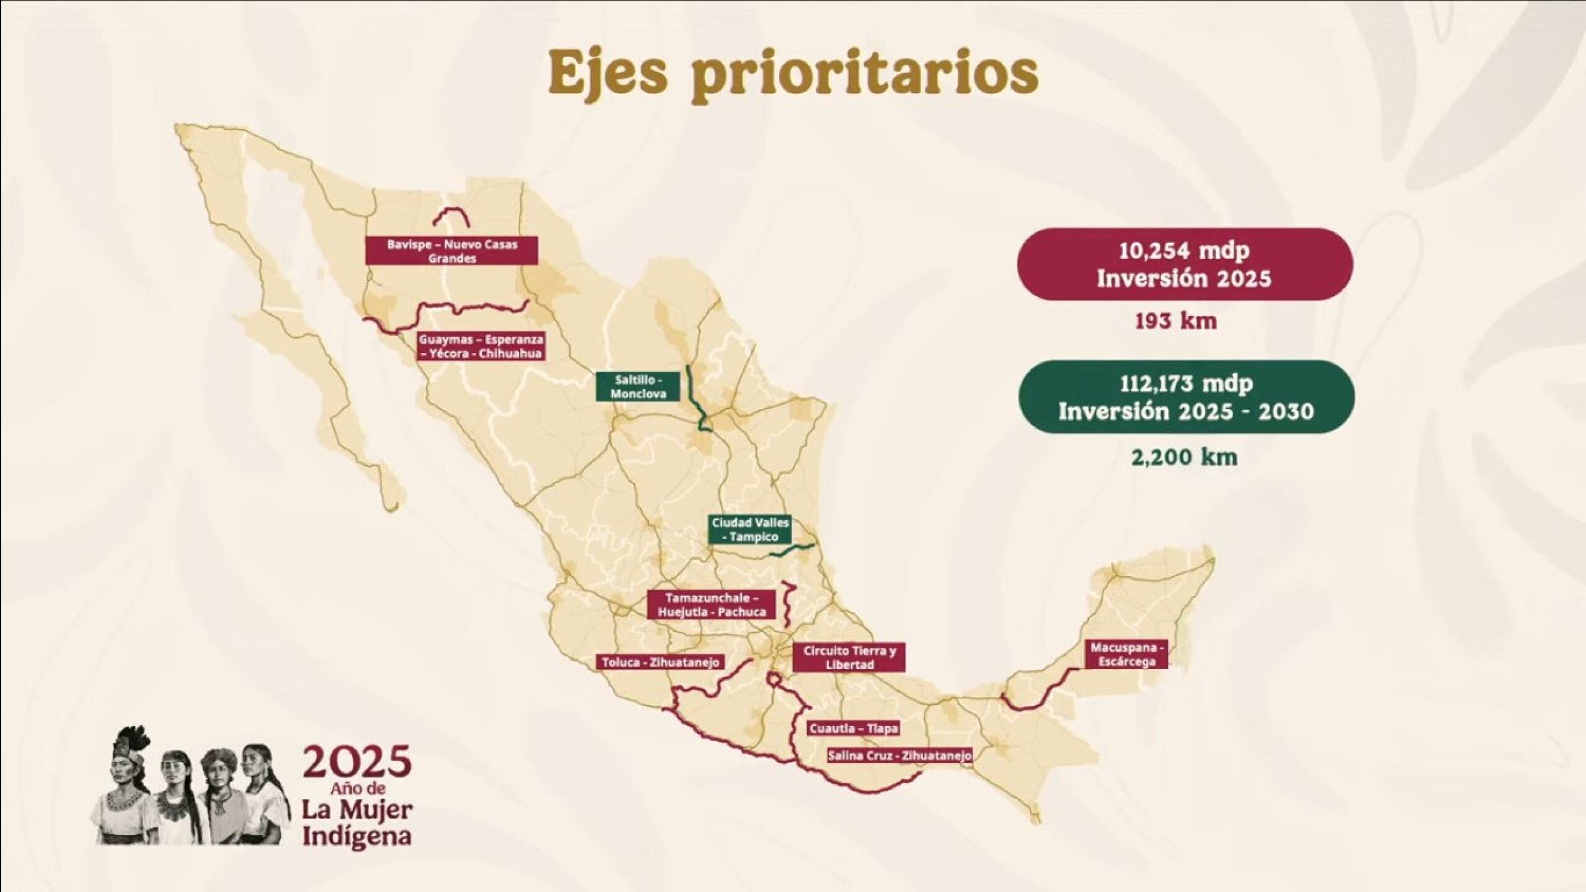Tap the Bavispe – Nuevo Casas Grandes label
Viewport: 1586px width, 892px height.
[451, 251]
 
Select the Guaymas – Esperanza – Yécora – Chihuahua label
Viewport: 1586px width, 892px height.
[481, 347]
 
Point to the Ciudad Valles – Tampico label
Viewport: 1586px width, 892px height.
[750, 530]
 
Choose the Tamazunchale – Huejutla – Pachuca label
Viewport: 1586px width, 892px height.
[712, 605]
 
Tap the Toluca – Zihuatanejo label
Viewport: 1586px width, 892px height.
[661, 662]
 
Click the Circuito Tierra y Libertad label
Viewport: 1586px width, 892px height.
[849, 658]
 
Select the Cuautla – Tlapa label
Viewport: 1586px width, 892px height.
[853, 728]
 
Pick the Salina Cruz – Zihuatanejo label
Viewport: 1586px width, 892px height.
[899, 756]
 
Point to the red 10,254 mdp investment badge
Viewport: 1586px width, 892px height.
[1185, 265]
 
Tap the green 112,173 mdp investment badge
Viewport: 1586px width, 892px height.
[1186, 397]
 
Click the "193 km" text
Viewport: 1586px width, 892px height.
[1175, 322]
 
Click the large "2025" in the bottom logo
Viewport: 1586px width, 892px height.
[357, 765]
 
